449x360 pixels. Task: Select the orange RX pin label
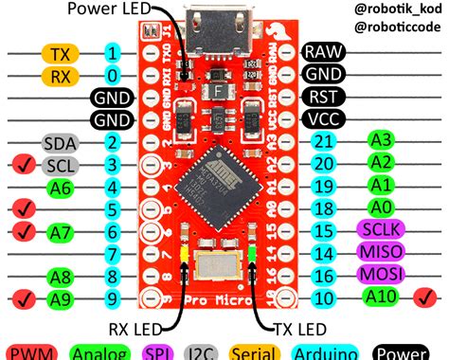click(59, 74)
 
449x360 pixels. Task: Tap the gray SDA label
click(59, 143)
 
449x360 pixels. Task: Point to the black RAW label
click(323, 52)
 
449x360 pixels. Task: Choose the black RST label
click(323, 97)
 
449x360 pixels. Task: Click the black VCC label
click(323, 119)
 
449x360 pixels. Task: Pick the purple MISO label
click(379, 252)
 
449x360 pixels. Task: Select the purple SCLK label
click(379, 230)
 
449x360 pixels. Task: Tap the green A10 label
click(379, 297)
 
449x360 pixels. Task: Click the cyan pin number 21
click(324, 142)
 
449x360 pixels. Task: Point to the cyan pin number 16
click(324, 275)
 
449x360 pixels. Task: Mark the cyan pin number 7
click(113, 254)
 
